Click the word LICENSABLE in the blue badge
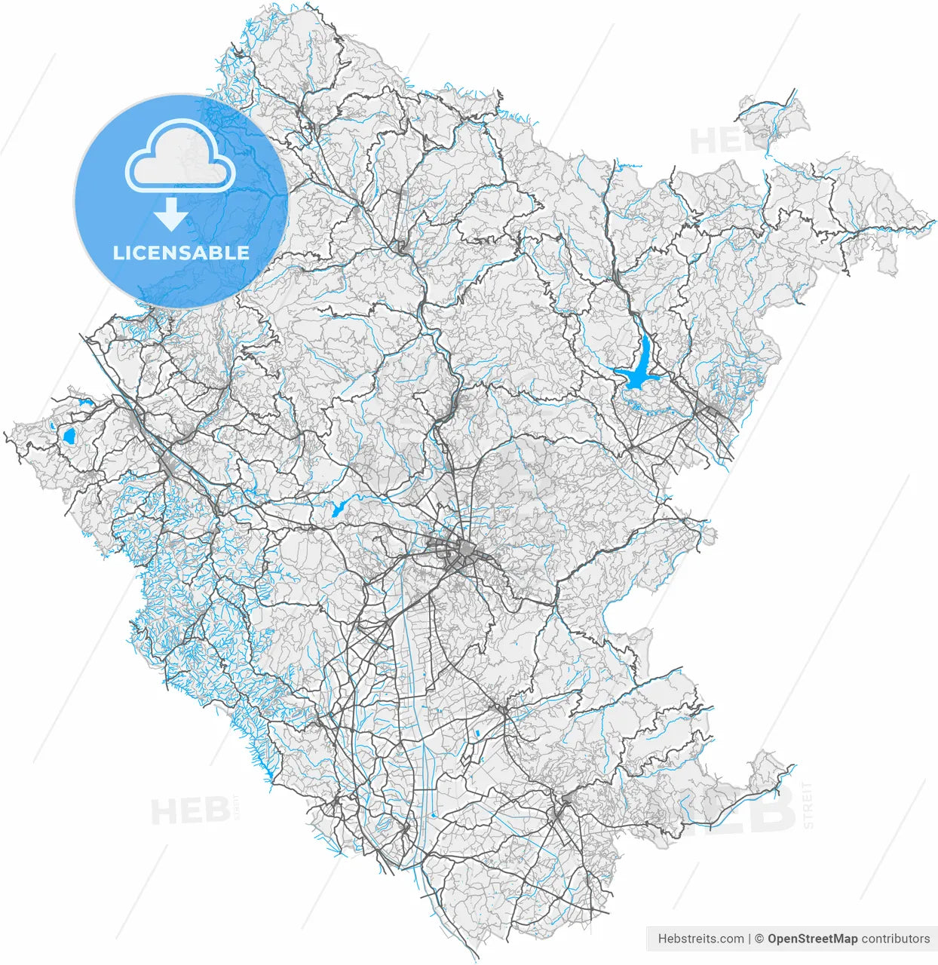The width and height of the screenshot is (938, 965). tap(181, 253)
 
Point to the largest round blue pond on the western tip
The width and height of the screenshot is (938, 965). tap(69, 436)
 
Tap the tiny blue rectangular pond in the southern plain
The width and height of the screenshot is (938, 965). tap(477, 733)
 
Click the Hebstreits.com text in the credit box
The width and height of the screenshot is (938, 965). tap(700, 939)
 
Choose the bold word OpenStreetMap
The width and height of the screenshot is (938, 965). tap(812, 939)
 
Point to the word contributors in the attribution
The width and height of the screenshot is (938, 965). tap(895, 939)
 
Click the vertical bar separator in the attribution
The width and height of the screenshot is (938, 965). tap(749, 939)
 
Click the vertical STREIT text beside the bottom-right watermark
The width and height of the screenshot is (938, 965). tap(808, 805)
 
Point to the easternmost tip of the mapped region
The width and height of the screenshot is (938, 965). tap(935, 224)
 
